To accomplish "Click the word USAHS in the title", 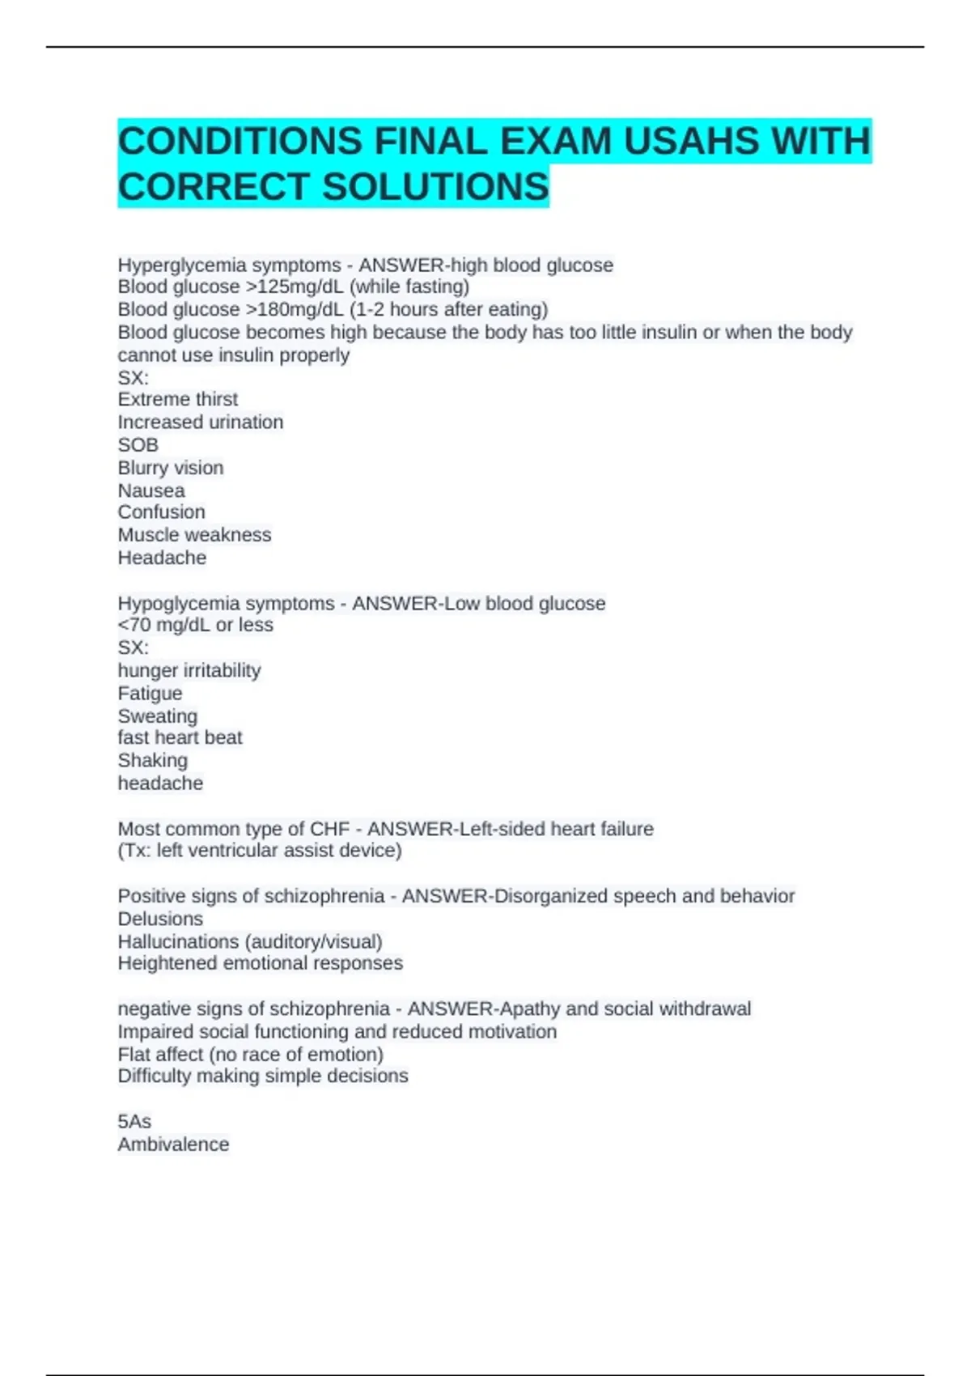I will (691, 141).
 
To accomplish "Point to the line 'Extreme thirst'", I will (178, 399).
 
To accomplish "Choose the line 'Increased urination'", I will (201, 422).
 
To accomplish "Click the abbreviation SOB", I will (138, 444).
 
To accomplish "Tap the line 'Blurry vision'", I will (171, 467).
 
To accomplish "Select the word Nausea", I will (151, 491).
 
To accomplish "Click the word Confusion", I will (162, 512).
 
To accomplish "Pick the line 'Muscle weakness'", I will (194, 534).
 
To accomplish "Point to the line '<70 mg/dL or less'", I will (196, 625).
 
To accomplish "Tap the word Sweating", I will (158, 716).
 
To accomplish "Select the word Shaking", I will (153, 760).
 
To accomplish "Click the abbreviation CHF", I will (330, 829).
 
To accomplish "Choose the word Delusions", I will (160, 919).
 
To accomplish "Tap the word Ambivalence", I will (173, 1144).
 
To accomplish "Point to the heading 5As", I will (134, 1121).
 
